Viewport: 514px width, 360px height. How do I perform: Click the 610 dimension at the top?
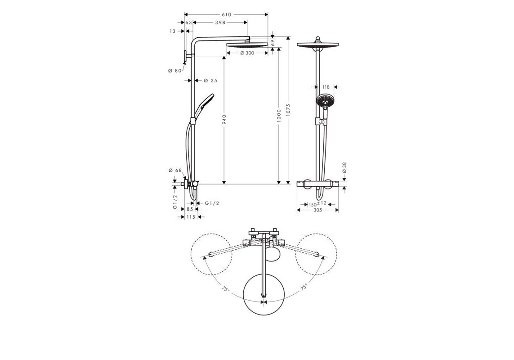[x=226, y=15]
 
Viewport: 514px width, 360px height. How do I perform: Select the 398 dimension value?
[x=220, y=22]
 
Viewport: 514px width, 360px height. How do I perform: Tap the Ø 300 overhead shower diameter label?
[x=247, y=53]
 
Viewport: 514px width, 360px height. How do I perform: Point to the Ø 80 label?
[x=174, y=71]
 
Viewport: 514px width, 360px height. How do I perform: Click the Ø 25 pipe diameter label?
[x=210, y=81]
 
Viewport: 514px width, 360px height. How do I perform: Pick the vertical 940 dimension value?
[x=224, y=120]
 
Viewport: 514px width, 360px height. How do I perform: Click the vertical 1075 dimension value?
[x=288, y=109]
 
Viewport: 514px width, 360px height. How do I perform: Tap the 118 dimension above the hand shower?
[x=326, y=87]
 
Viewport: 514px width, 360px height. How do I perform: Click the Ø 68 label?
[x=174, y=170]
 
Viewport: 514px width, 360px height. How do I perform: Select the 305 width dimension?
[x=317, y=210]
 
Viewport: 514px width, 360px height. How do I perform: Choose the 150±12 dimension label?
[x=317, y=204]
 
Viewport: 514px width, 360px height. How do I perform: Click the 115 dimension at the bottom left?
[x=191, y=217]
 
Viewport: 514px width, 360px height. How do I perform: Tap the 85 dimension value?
[x=189, y=209]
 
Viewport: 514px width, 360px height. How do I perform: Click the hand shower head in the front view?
[x=324, y=101]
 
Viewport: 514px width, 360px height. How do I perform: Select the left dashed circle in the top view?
[x=211, y=254]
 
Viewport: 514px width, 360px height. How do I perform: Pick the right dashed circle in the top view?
[x=316, y=254]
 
